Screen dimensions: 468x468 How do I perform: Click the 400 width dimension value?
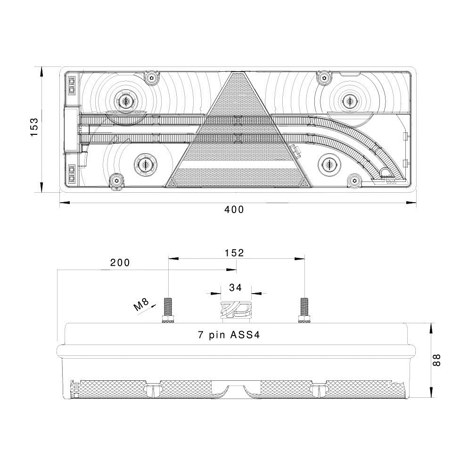(234, 210)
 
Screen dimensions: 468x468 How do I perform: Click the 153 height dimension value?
(34, 127)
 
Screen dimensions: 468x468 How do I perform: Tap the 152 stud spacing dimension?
(234, 253)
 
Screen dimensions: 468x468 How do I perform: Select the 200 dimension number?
(120, 263)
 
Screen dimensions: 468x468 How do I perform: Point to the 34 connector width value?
(236, 287)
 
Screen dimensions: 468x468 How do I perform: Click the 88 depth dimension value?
(436, 360)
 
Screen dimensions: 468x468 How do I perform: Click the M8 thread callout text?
(141, 304)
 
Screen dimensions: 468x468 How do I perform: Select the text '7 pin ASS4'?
(229, 335)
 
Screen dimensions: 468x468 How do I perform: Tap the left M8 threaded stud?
(168, 311)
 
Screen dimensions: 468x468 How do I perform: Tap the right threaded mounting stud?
(304, 311)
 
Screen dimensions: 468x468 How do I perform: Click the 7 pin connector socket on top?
(236, 312)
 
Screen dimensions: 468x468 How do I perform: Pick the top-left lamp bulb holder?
(126, 101)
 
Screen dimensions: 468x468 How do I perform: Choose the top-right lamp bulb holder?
(348, 100)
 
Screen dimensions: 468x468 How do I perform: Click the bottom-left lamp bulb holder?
(146, 164)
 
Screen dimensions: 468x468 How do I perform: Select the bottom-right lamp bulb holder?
(329, 164)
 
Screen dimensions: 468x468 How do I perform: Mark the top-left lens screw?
(152, 78)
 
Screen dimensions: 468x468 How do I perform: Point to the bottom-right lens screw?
(354, 181)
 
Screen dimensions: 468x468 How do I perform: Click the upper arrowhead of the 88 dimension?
(431, 328)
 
